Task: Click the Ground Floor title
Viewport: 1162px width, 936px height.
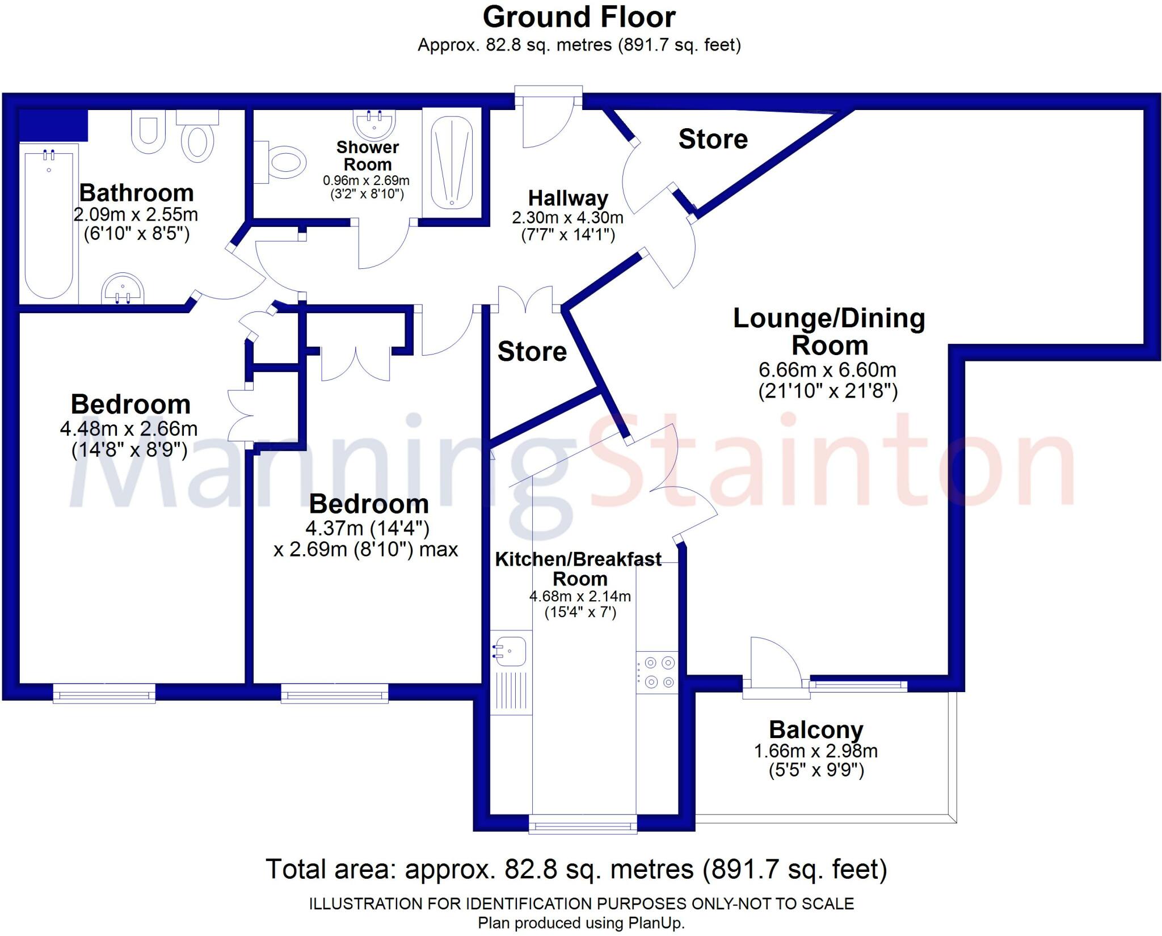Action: coord(579,17)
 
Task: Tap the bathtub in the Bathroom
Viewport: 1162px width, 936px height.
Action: coord(49,221)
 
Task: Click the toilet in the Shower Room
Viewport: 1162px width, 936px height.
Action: coord(284,162)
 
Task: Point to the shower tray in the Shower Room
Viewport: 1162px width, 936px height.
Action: coord(452,163)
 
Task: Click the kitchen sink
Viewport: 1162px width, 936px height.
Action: coord(510,651)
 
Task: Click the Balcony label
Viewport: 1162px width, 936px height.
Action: coord(816,730)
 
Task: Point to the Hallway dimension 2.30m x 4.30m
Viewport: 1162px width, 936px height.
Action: coord(567,217)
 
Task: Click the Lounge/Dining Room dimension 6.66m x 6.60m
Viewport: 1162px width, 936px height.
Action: coord(827,370)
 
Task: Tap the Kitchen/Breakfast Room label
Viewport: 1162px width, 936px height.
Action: coord(578,569)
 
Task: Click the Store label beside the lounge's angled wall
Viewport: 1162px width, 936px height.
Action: coord(713,139)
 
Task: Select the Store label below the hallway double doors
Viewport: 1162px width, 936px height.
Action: coord(532,352)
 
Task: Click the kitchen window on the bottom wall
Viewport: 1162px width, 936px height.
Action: coord(583,824)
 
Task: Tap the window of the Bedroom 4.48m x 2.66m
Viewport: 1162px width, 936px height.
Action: coord(104,693)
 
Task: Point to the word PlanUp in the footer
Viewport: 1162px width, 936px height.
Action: coord(655,923)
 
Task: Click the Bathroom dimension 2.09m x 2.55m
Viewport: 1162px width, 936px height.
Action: coord(136,214)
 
